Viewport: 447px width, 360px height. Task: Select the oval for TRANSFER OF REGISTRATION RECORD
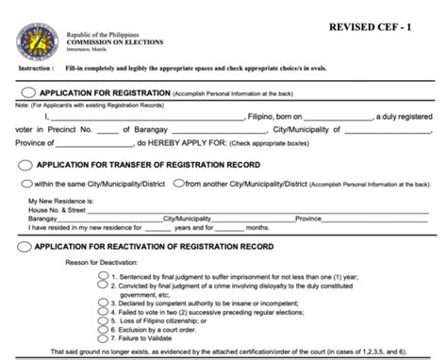click(x=24, y=163)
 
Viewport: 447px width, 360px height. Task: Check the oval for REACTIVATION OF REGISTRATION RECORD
click(x=24, y=246)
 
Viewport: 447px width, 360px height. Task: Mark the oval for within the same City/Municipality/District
click(x=27, y=183)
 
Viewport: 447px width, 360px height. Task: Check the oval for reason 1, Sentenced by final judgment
click(x=103, y=277)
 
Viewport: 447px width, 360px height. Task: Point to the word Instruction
click(x=35, y=69)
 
